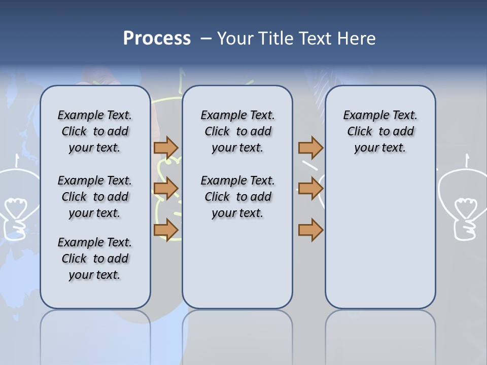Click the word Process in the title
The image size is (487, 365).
[x=157, y=39]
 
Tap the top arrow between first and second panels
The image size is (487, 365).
[x=166, y=148]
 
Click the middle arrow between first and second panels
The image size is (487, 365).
[x=166, y=189]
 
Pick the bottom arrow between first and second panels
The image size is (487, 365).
[x=166, y=230]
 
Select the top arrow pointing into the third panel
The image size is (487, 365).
[x=310, y=148]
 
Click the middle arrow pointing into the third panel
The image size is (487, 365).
[x=310, y=189]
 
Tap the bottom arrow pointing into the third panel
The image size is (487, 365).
[x=310, y=230]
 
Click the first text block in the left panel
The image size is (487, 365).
[x=95, y=131]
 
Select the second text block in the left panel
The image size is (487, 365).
[x=95, y=197]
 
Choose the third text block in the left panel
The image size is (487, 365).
[x=95, y=259]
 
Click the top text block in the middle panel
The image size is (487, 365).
[x=237, y=131]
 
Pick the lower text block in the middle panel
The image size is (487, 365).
[x=237, y=197]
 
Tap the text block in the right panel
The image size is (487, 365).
[x=380, y=131]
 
